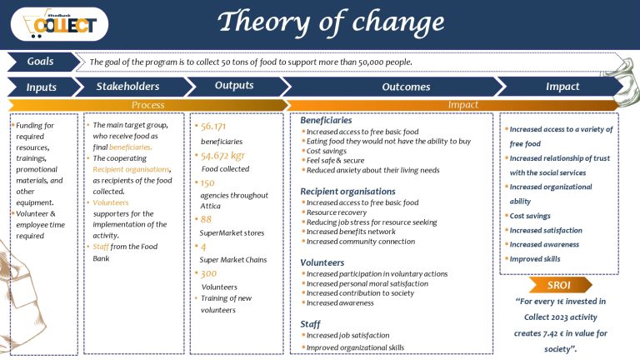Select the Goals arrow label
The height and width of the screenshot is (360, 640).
coord(40,62)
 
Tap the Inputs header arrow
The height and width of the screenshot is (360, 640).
coord(42,86)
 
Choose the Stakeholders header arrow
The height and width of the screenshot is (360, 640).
coord(127,86)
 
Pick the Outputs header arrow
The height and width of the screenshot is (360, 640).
coord(234,86)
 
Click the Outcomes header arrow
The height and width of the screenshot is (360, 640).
coord(406,87)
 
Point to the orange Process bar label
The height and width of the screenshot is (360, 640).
coord(147,104)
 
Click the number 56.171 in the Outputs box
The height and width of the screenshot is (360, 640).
coord(216,127)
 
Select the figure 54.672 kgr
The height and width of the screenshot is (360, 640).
coord(222,156)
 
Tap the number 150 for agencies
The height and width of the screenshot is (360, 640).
coord(207,182)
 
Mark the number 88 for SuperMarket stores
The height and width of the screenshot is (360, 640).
coord(205,219)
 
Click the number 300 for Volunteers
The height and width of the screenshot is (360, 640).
coord(208,273)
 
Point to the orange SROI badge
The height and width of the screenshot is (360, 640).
coord(558,285)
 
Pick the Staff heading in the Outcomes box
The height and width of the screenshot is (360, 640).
coord(310,322)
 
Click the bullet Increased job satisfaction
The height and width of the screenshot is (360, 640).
coord(348,335)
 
